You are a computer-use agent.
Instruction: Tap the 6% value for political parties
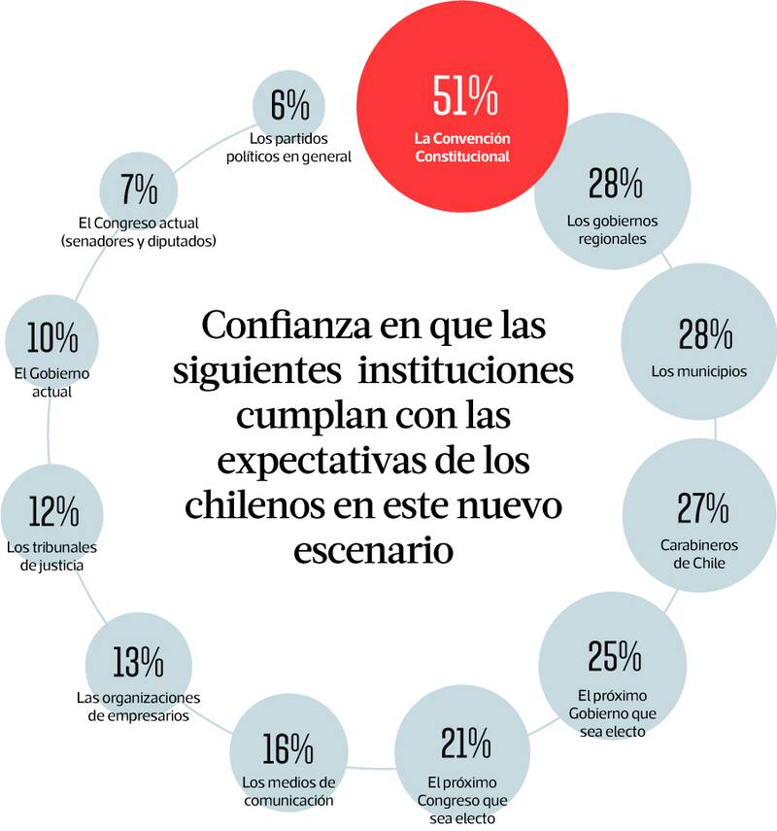click(289, 103)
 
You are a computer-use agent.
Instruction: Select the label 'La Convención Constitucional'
click(462, 148)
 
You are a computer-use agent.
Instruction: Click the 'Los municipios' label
click(699, 371)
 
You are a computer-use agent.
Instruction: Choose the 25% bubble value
click(613, 657)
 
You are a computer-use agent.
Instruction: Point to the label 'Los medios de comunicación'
click(288, 791)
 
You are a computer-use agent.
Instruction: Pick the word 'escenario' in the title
click(373, 551)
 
